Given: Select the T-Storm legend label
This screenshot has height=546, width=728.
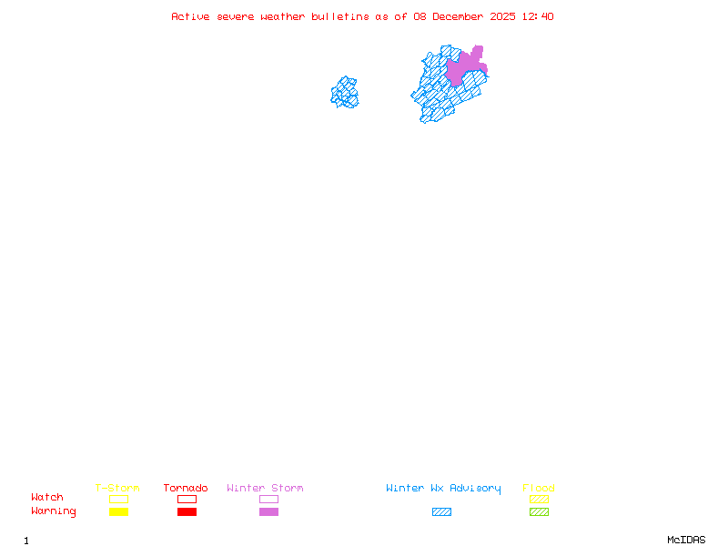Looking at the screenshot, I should coord(117,489).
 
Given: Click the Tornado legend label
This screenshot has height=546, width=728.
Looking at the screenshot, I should coord(186,489).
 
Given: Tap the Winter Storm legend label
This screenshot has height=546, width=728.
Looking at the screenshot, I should coord(265,489).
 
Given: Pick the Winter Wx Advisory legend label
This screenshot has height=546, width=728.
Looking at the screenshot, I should coord(443,489).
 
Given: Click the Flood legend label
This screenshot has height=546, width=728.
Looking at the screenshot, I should coord(539,489).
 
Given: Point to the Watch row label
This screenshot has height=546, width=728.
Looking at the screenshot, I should coord(47,498).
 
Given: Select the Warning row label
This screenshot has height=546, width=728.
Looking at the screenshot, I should coord(54,511).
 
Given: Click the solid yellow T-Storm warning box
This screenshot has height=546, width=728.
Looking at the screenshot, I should coord(118,512).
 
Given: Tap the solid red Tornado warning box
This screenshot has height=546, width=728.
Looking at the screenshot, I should coord(187,512).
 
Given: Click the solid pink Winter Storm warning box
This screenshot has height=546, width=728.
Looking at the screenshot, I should coord(268,512).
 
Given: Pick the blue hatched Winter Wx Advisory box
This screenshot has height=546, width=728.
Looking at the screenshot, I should coord(441,512).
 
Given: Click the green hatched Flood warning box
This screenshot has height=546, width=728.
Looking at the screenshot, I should coord(539,512).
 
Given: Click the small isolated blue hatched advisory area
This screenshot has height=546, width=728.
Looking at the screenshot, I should coord(345,93).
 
